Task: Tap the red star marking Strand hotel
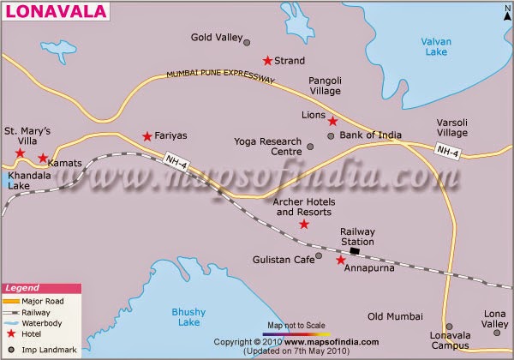267,61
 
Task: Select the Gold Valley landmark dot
247,42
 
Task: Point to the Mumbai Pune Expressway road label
220,76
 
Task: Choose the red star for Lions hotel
332,121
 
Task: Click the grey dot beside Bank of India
332,135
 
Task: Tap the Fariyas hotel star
147,136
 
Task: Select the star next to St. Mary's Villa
19,153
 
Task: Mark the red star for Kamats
43,159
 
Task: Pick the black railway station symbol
355,251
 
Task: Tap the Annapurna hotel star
340,260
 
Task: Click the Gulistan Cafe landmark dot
319,255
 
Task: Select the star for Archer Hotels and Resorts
303,225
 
